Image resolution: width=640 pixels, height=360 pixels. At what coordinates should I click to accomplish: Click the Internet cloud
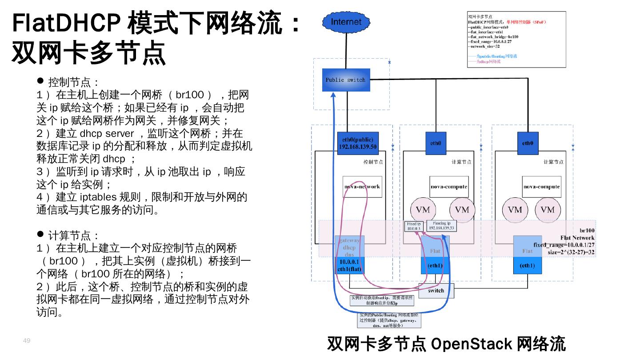point(346,22)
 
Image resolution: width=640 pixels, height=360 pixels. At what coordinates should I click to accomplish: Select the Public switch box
point(346,80)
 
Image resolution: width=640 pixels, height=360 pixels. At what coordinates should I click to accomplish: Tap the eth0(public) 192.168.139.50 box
point(358,143)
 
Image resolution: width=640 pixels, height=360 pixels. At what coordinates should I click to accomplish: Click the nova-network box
point(362,187)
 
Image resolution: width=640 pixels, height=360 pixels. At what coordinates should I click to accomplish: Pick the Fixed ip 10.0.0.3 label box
point(413,226)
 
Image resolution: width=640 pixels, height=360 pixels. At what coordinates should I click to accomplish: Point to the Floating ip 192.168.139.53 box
point(441,226)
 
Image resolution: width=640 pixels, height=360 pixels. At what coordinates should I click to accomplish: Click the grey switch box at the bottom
point(436,291)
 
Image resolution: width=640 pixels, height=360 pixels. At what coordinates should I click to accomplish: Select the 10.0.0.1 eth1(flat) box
point(348,265)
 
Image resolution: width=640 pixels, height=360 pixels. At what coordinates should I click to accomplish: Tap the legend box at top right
point(516,40)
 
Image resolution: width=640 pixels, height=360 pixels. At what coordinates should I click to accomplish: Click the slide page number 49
point(27,340)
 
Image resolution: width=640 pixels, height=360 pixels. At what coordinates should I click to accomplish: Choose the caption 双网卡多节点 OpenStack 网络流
point(446,344)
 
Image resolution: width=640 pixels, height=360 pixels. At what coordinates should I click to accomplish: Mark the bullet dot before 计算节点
point(40,234)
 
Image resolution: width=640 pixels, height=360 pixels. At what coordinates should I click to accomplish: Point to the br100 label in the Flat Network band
point(587,231)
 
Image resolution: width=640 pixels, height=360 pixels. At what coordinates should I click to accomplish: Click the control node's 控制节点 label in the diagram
point(373,162)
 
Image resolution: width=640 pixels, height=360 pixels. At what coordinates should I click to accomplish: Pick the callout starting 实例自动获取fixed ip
point(381,300)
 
